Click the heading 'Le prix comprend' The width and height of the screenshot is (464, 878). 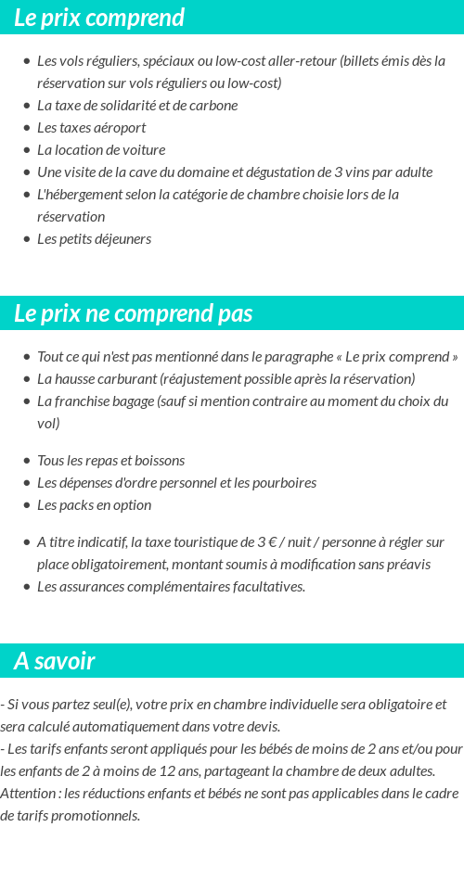(99, 18)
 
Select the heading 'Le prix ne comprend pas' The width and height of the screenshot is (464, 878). (134, 313)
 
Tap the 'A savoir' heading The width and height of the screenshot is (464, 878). (55, 661)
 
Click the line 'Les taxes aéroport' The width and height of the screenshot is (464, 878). (91, 127)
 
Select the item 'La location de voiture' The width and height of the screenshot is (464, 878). (101, 149)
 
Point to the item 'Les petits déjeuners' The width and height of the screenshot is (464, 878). (94, 238)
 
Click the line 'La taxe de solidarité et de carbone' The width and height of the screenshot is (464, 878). (137, 105)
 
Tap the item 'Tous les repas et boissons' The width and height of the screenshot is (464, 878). (110, 460)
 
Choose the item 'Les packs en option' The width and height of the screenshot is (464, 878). (94, 504)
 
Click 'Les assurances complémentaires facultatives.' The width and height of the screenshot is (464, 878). (171, 586)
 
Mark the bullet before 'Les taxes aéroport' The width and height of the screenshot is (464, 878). (26, 128)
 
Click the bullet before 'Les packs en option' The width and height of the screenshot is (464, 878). (26, 505)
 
